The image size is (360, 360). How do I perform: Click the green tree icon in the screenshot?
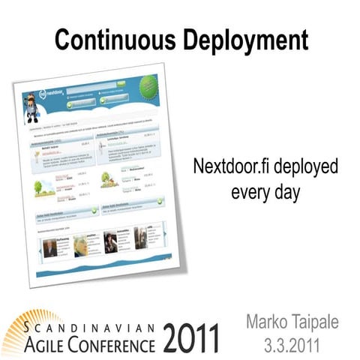[43, 184]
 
